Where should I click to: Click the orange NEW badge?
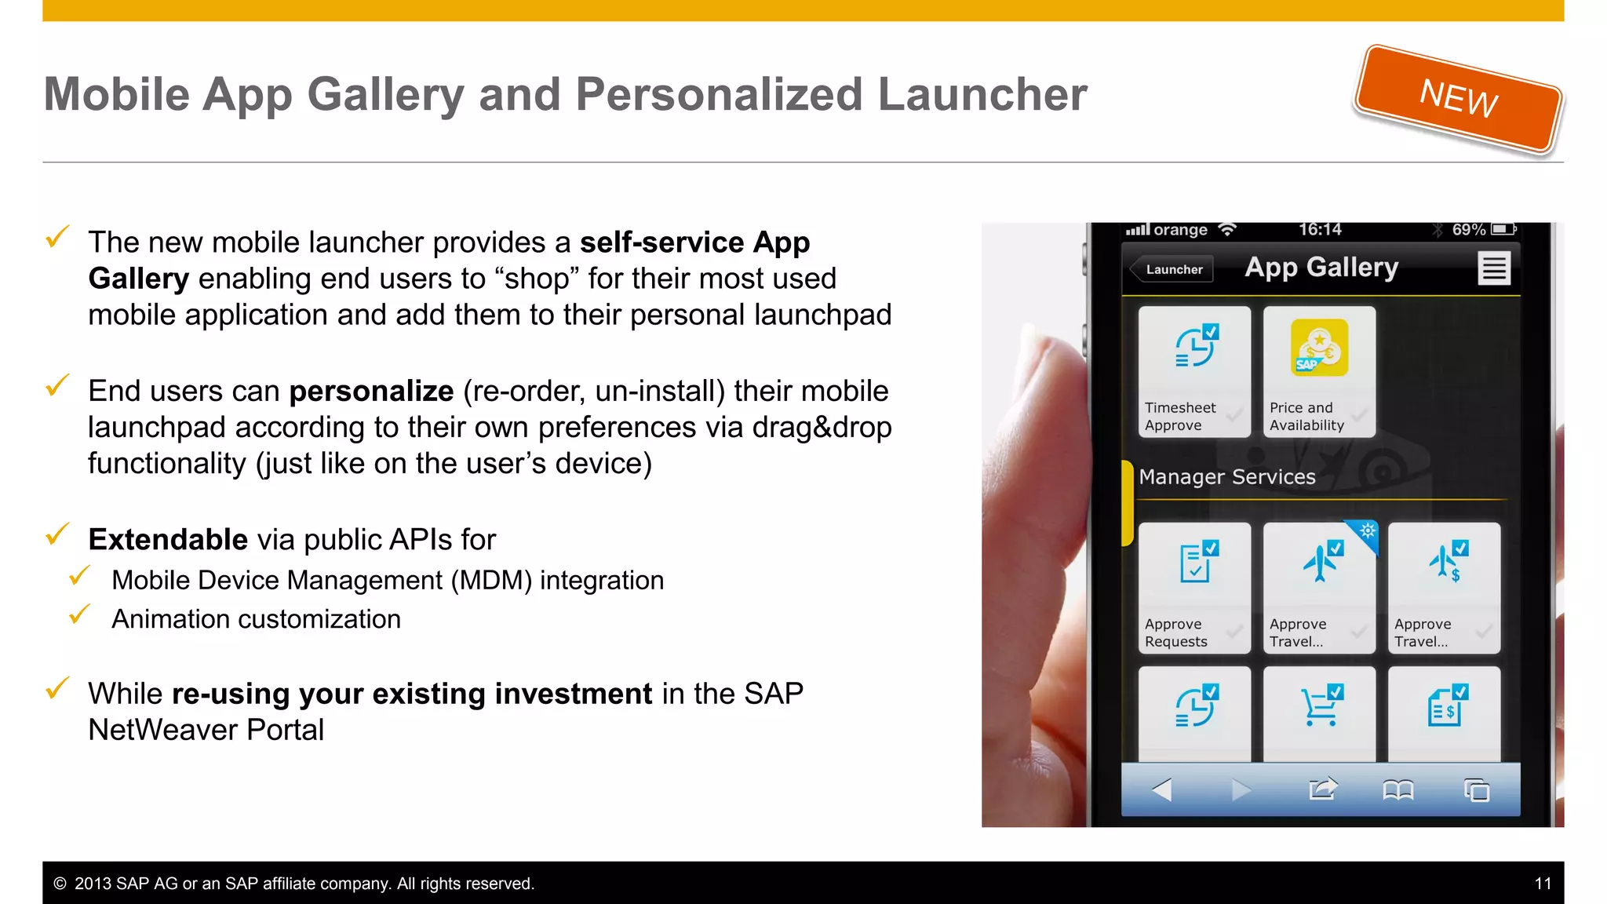pos(1459,99)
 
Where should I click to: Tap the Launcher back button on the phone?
pos(1172,269)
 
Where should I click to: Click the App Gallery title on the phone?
pos(1321,268)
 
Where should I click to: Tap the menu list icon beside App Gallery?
pos(1493,268)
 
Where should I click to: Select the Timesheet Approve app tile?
pos(1193,372)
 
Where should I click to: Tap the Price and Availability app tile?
pos(1319,372)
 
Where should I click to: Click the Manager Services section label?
pos(1226,477)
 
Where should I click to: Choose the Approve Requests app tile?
pos(1193,588)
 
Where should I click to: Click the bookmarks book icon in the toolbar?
pos(1397,789)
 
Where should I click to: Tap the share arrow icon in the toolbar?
pos(1323,789)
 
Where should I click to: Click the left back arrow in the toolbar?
pos(1162,789)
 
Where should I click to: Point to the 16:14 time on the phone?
pos(1320,230)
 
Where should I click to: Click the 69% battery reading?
pos(1468,230)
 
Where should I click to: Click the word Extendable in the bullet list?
pos(168,540)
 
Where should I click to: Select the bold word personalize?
pos(371,391)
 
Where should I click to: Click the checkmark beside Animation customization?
pos(79,615)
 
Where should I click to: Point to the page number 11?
pos(1543,884)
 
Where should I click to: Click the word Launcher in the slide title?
pos(982,95)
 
